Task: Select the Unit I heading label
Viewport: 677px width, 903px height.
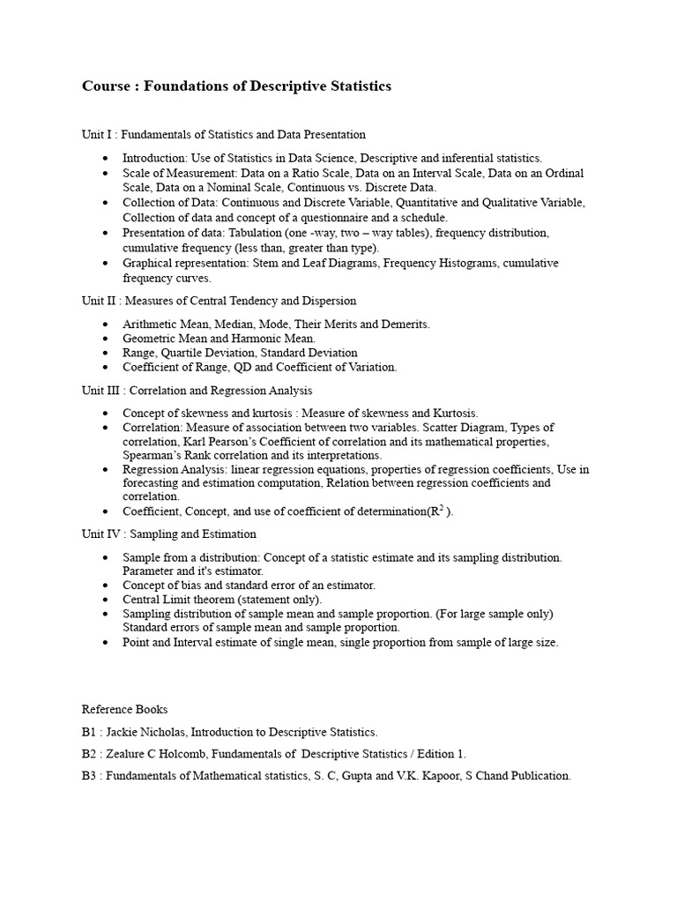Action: pos(98,134)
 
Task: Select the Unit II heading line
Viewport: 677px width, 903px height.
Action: pos(219,301)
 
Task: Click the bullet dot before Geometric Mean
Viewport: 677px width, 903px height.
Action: pos(106,339)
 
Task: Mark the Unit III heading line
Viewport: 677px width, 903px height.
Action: pos(197,390)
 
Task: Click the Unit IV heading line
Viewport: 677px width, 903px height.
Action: pos(169,534)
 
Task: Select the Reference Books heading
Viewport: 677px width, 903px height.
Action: pos(124,709)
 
